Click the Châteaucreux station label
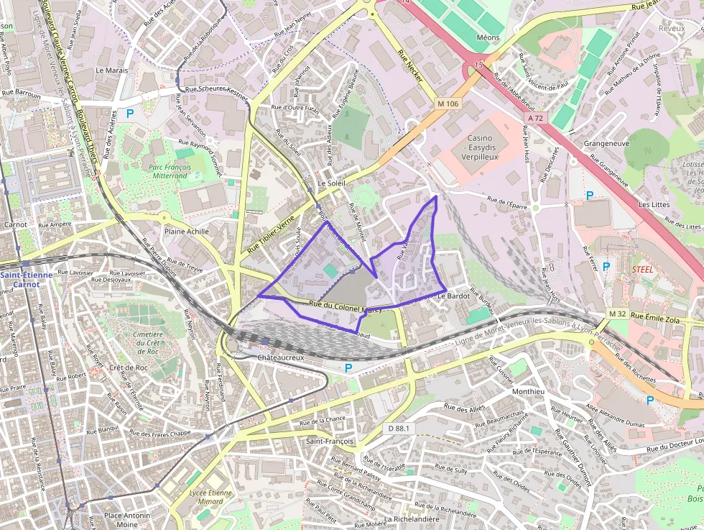click(281, 357)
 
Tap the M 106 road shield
click(448, 104)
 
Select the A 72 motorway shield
click(535, 117)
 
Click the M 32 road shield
click(617, 314)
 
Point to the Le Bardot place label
click(453, 296)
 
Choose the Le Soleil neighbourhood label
click(331, 183)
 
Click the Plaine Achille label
click(187, 232)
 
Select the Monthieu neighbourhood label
click(529, 392)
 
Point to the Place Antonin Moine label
click(127, 520)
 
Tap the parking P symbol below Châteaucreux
click(348, 368)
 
